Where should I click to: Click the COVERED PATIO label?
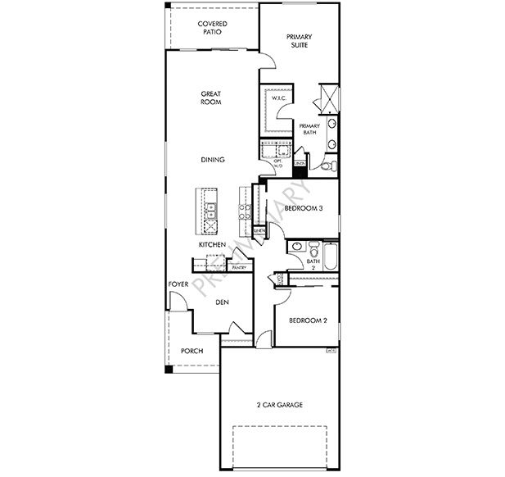click(212, 28)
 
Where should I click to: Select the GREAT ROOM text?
click(211, 98)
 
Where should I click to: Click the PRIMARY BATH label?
click(309, 129)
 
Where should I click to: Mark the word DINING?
click(211, 160)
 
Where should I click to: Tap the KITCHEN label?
click(211, 245)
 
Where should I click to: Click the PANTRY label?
click(239, 267)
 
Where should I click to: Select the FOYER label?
click(178, 284)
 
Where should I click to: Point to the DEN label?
click(221, 302)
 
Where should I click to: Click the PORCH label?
click(192, 351)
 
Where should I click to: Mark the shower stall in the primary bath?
click(327, 96)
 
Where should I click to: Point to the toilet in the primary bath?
click(325, 166)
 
